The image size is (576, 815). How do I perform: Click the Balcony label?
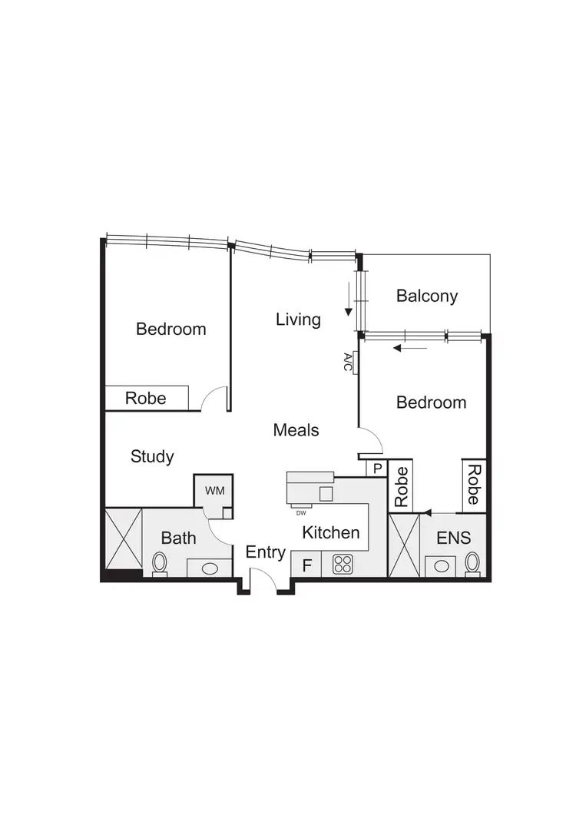point(427,296)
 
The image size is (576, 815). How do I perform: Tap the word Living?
point(298,319)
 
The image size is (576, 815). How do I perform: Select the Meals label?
point(296,430)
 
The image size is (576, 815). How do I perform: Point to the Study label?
point(152,456)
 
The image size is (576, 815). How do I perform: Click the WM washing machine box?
point(212,490)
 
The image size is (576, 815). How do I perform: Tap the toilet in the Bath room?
point(160,563)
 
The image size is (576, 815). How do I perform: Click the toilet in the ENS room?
point(472,563)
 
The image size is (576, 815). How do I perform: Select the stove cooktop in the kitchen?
point(342,565)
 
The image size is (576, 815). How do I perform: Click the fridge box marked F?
point(307,566)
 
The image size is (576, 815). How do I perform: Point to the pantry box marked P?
point(377,468)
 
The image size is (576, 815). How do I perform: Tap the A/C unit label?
point(348,363)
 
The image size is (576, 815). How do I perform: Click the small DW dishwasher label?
point(300,512)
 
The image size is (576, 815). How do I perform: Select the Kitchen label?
point(330,532)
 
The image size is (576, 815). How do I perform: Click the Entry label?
point(265,552)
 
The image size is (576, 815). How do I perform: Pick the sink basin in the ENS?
point(442,567)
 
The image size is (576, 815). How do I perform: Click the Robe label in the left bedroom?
point(145,398)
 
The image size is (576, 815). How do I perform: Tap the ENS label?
point(453,538)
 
